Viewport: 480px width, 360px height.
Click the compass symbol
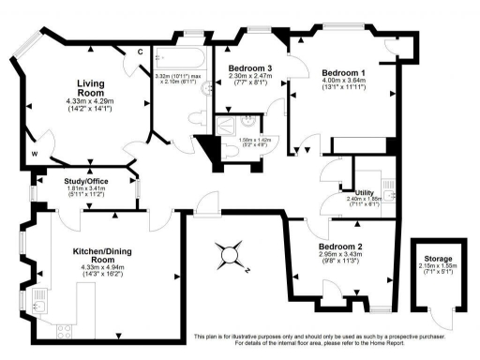pyautogui.click(x=230, y=252)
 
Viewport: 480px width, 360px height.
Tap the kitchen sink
pyautogui.click(x=40, y=302)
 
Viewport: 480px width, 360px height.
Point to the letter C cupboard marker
pyautogui.click(x=139, y=52)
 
